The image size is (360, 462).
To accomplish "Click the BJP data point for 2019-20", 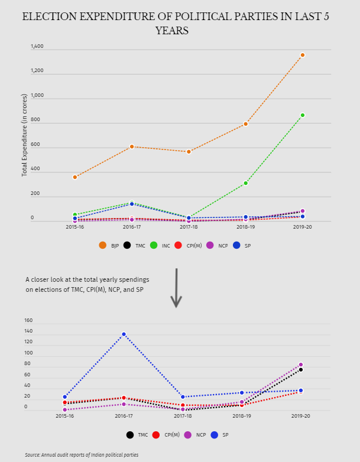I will coord(303,55).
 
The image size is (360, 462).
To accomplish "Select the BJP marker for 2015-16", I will coord(75,177).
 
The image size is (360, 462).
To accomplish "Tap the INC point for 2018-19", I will coord(245,183).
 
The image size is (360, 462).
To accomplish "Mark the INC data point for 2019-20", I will coord(303,115).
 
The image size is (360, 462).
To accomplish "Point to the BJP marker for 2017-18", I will coord(189,152).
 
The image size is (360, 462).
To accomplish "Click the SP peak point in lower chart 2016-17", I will coord(124,334).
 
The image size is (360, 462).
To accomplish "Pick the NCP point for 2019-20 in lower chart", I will coord(300,365).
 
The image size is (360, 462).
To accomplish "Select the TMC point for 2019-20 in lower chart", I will coord(300,370).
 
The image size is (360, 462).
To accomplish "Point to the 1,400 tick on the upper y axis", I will coord(37,46).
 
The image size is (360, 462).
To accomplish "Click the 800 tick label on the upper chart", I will coord(35,120).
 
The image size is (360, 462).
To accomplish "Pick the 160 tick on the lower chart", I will coord(28,321).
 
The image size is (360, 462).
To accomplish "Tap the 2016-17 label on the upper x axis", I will coord(132,227).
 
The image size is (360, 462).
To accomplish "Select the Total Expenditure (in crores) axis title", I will coord(25,135).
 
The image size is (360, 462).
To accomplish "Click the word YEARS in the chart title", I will coord(171,31).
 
